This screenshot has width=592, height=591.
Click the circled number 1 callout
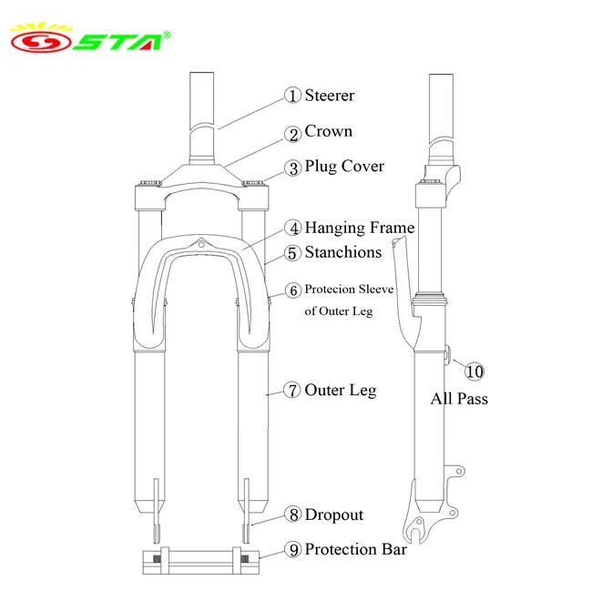point(292,96)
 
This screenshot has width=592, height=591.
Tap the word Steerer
point(329,95)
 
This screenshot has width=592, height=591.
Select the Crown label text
point(328,131)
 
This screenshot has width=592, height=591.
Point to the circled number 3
point(292,168)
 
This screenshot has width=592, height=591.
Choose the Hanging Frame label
point(359,228)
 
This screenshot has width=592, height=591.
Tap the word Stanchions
point(342,252)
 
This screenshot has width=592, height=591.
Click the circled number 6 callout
point(292,290)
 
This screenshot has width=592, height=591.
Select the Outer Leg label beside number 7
point(340,390)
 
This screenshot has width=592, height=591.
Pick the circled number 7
point(292,391)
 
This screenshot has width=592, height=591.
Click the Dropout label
point(333,515)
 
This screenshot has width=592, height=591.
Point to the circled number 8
point(292,515)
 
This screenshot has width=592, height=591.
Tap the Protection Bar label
point(355,549)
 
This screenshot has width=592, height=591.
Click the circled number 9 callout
point(292,550)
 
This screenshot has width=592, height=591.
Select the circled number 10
point(475,371)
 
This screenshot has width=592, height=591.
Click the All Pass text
point(459,398)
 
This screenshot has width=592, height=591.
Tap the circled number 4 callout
point(292,229)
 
